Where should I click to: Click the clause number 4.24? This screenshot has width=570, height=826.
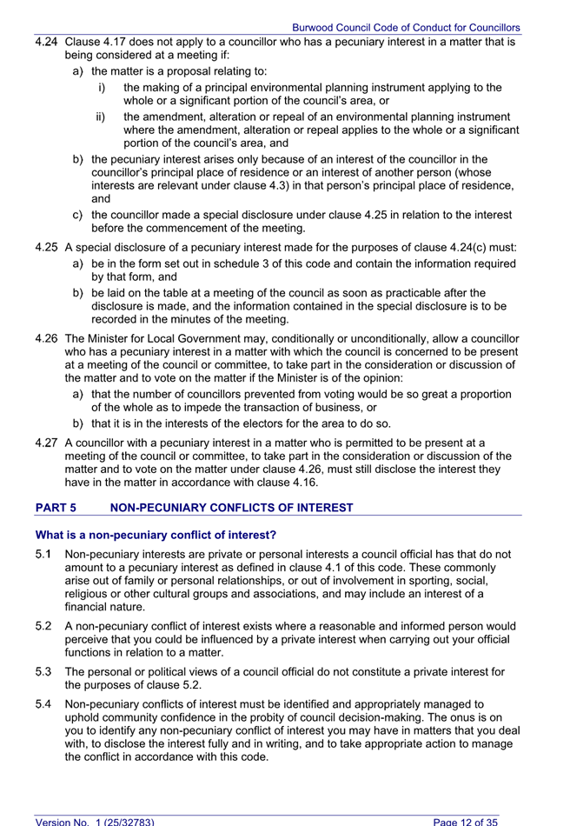[x=46, y=42]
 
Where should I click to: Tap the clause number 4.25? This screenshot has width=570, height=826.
[x=46, y=248]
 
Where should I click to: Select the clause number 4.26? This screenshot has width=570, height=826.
[x=46, y=339]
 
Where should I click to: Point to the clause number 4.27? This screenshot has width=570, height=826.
[x=46, y=443]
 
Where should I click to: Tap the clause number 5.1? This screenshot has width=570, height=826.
[x=43, y=554]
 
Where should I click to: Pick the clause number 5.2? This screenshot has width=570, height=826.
[x=43, y=626]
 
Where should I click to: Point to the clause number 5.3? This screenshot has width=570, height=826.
[x=43, y=672]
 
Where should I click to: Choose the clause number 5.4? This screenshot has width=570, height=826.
[x=43, y=703]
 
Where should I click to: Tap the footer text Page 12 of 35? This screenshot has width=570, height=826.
[x=466, y=820]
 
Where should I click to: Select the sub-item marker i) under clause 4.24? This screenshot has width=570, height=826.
[x=102, y=88]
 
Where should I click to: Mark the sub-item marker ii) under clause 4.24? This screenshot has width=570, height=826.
[x=103, y=117]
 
